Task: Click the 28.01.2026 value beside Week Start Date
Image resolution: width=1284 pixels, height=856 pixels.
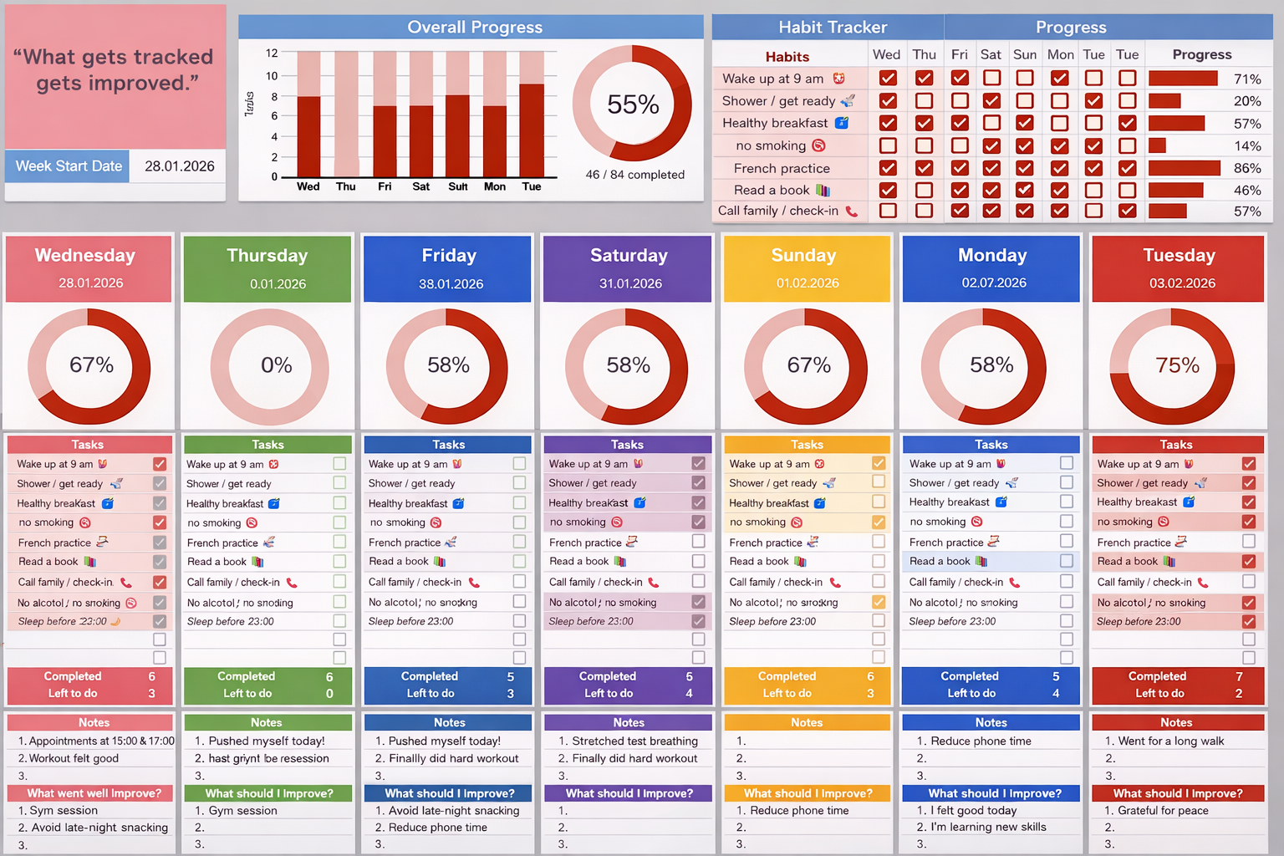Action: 179,166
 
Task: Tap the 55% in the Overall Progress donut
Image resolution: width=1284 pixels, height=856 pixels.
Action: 633,104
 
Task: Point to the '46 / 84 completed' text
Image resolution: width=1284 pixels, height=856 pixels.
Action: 634,175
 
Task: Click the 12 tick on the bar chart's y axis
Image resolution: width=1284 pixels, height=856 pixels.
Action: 272,53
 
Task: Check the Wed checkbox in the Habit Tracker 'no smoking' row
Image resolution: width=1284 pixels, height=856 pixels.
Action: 888,145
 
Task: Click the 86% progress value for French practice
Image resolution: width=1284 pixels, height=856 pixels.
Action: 1246,168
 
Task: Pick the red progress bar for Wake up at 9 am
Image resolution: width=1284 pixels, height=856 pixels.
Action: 1182,79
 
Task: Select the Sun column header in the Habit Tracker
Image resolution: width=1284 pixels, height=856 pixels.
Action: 1024,54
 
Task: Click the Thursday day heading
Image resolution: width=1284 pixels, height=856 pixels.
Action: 267,255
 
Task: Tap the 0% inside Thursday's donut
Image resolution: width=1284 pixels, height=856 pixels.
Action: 276,365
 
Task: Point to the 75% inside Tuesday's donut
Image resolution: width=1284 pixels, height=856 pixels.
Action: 1177,365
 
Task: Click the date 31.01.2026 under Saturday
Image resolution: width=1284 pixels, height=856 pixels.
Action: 630,283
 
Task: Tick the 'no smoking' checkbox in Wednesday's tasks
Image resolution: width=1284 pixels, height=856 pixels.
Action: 160,522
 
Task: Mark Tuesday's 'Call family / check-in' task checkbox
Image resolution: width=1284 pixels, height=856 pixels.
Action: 1248,582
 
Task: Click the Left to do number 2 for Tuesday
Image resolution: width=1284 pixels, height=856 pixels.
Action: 1238,693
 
